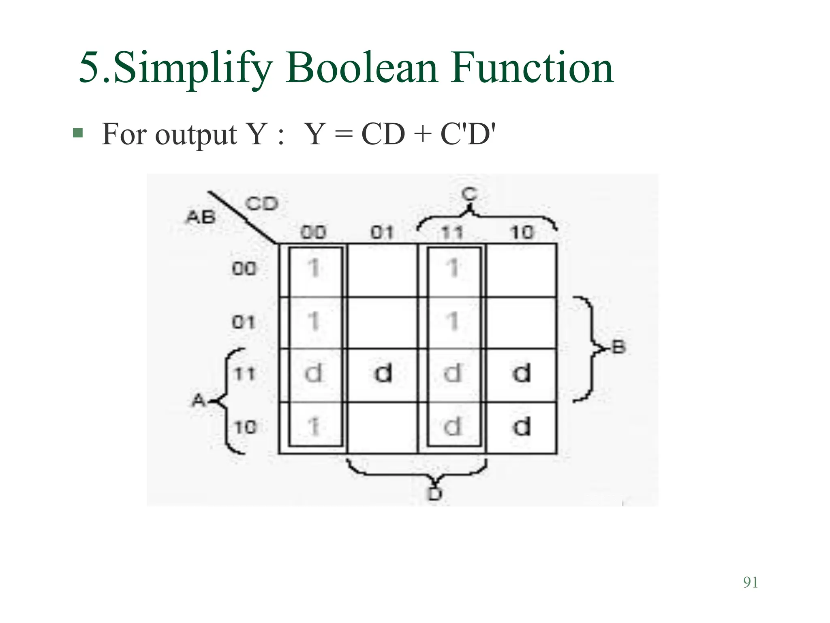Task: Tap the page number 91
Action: (751, 582)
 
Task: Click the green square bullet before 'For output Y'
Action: (78, 133)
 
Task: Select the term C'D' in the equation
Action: (468, 134)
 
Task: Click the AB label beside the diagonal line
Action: (200, 217)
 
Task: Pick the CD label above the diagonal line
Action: (262, 204)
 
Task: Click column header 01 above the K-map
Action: (382, 233)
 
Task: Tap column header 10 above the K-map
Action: (522, 233)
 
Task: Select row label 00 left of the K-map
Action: (244, 269)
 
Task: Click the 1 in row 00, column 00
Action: (314, 268)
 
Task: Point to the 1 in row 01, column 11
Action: (453, 322)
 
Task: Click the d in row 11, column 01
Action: (383, 373)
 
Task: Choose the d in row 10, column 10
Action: (522, 427)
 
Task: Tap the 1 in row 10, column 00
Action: (314, 427)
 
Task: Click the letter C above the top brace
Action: (469, 195)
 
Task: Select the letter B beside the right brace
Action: (618, 348)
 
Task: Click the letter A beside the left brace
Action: (199, 401)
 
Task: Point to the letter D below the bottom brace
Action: (435, 494)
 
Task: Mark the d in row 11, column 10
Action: (522, 373)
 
